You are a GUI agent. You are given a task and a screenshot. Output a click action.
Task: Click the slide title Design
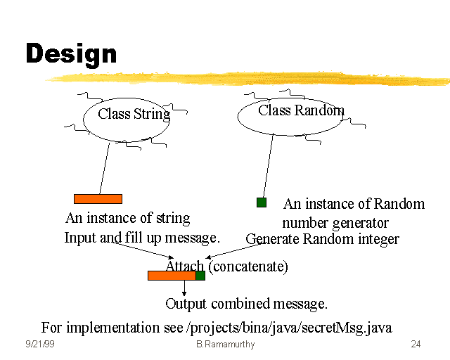coord(71,54)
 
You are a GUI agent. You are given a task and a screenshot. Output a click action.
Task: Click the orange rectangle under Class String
coord(98,199)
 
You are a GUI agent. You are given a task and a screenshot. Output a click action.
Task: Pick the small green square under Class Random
coord(262,202)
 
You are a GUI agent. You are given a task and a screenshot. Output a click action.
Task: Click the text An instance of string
coord(127,218)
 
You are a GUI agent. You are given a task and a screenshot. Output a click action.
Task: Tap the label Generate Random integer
coord(322,239)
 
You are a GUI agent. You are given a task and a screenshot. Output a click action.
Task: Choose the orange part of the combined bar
coord(172,276)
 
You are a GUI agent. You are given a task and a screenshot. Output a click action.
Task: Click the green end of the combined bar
coord(200,276)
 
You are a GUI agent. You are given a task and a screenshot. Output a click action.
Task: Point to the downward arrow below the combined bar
coord(184,288)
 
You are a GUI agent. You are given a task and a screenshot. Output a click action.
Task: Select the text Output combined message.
coord(246,304)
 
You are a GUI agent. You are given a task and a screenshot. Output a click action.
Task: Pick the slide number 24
coord(416,345)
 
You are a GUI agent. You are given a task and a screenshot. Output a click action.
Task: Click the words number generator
coord(335,223)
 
